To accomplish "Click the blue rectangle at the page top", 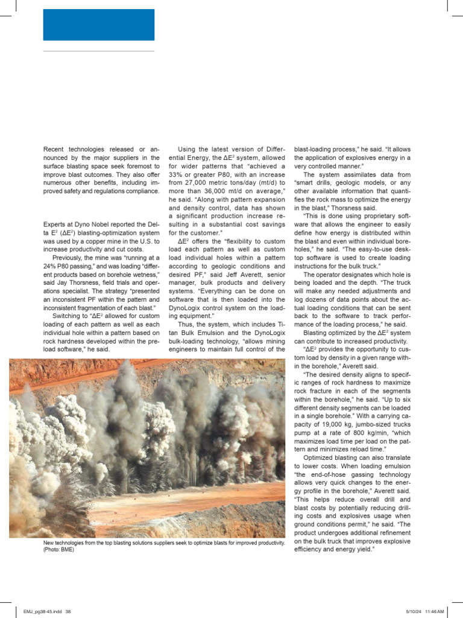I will pyautogui.click(x=99, y=25).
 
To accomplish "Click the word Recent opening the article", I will pyautogui.click(x=56, y=148).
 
